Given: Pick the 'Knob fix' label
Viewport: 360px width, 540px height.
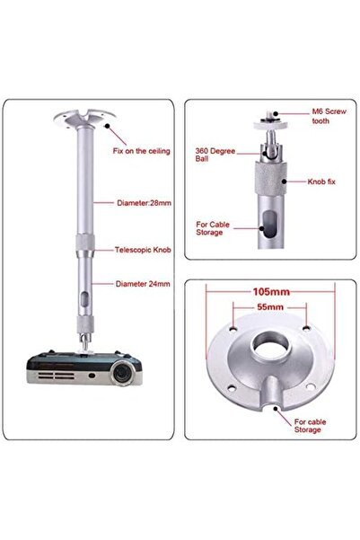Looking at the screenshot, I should [310, 181].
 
